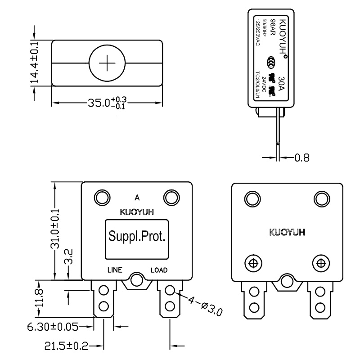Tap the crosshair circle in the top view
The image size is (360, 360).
pyautogui.click(x=107, y=63)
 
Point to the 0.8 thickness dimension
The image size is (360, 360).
pyautogui.click(x=301, y=158)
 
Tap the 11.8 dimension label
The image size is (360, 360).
pyautogui.click(x=40, y=298)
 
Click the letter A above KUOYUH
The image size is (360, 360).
pyautogui.click(x=136, y=197)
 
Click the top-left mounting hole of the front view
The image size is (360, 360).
pyautogui.click(x=101, y=197)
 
